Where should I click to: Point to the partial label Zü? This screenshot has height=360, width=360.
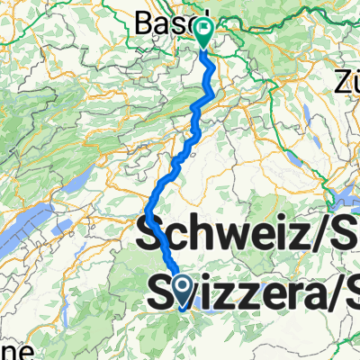coord(346,84)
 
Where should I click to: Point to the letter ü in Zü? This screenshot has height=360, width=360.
coord(353,84)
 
